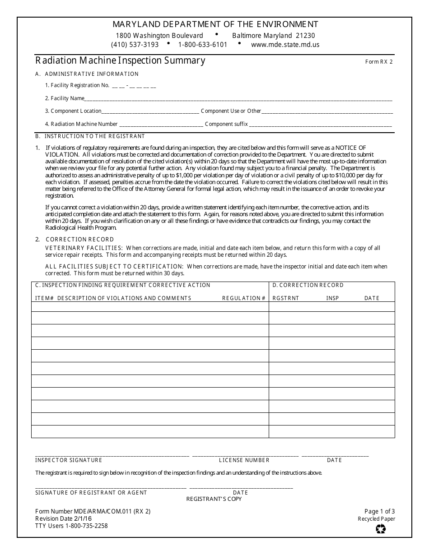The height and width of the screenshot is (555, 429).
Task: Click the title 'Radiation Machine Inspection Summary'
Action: (x=120, y=60)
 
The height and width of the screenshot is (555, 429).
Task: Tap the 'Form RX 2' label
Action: (x=379, y=62)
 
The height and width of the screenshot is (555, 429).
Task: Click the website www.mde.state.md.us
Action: (x=285, y=45)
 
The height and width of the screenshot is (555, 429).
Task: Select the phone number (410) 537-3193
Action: (x=135, y=45)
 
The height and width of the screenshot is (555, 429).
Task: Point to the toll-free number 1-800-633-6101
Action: (x=203, y=45)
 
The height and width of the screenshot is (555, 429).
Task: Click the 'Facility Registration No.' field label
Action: (x=77, y=85)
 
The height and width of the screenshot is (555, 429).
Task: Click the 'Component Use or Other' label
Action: (x=231, y=111)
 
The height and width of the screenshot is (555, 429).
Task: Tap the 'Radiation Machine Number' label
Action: (x=84, y=124)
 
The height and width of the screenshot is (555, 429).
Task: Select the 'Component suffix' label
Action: (x=226, y=124)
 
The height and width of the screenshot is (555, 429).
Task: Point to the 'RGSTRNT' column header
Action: (x=286, y=298)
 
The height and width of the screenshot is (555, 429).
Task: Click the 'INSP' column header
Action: (x=332, y=298)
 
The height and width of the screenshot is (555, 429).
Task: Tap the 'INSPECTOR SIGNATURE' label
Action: (x=69, y=460)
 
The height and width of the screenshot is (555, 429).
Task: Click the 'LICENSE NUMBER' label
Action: (x=244, y=460)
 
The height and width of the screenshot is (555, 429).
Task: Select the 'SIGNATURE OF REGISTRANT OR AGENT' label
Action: (x=91, y=493)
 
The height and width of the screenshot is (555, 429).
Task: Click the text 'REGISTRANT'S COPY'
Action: (x=214, y=499)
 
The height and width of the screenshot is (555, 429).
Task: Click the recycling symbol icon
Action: (x=381, y=529)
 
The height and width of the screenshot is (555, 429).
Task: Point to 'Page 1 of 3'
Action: (x=379, y=511)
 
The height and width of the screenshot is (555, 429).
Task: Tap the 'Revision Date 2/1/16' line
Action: (x=63, y=519)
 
